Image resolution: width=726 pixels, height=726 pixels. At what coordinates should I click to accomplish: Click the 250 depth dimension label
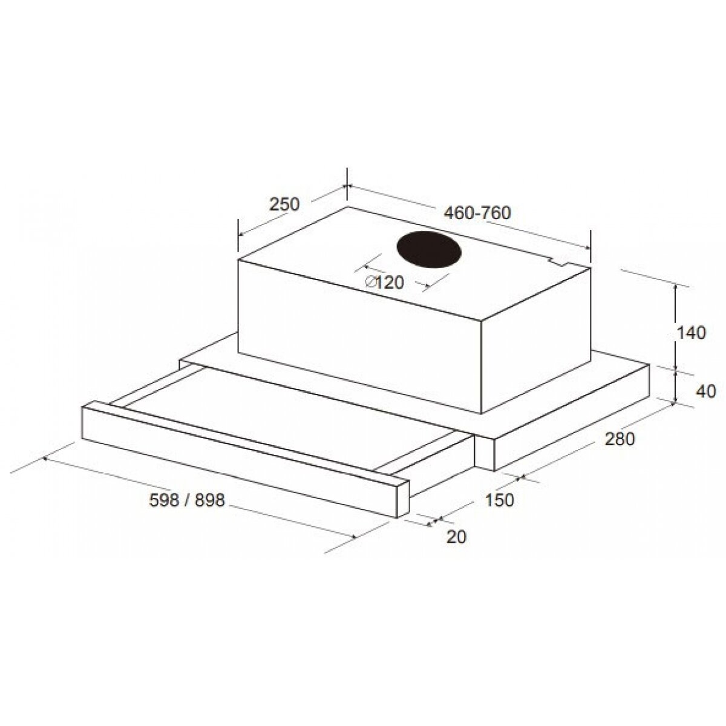pos(284,204)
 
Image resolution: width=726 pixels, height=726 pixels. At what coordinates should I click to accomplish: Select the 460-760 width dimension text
pos(477,213)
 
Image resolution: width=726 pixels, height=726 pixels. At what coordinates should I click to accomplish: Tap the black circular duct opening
pos(429,251)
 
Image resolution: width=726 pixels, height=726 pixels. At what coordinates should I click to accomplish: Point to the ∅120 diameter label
pos(384,283)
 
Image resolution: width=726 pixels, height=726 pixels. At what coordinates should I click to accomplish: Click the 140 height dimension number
pos(690,333)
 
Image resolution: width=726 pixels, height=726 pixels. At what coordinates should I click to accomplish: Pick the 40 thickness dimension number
pos(705,392)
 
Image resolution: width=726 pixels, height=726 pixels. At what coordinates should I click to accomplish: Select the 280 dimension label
pos(620,439)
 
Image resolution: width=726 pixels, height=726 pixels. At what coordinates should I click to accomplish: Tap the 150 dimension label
pos(500,500)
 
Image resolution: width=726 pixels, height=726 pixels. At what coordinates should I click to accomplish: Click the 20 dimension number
pos(456,537)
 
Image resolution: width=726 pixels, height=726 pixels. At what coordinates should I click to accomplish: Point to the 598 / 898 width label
pos(187,500)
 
